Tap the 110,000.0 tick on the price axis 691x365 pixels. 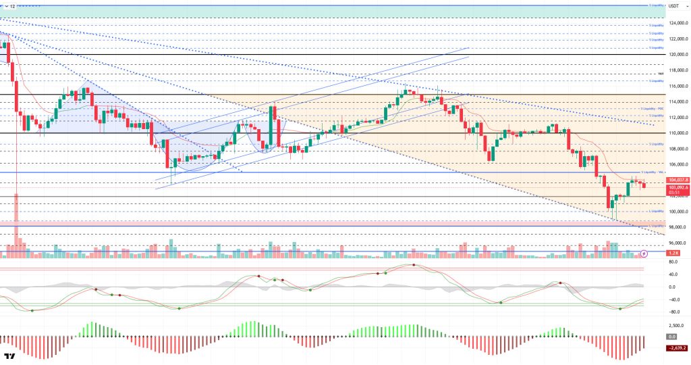[x=676, y=133]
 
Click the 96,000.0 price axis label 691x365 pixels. [x=676, y=243]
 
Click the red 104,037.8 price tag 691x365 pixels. [x=677, y=180]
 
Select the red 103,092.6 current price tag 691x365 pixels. [x=677, y=186]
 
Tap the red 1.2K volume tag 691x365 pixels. [x=672, y=253]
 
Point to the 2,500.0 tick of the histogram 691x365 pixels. [x=675, y=325]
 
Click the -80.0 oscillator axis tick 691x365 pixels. [x=673, y=312]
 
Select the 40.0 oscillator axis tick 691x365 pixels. [x=673, y=274]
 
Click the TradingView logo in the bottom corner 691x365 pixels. [x=10, y=356]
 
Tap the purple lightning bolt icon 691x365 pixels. [x=644, y=253]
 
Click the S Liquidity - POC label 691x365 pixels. [x=652, y=108]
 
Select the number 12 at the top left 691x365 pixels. [x=12, y=6]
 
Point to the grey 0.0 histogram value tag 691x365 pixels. [x=671, y=336]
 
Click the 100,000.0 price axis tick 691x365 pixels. [x=676, y=212]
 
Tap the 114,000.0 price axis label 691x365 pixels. [x=676, y=102]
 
